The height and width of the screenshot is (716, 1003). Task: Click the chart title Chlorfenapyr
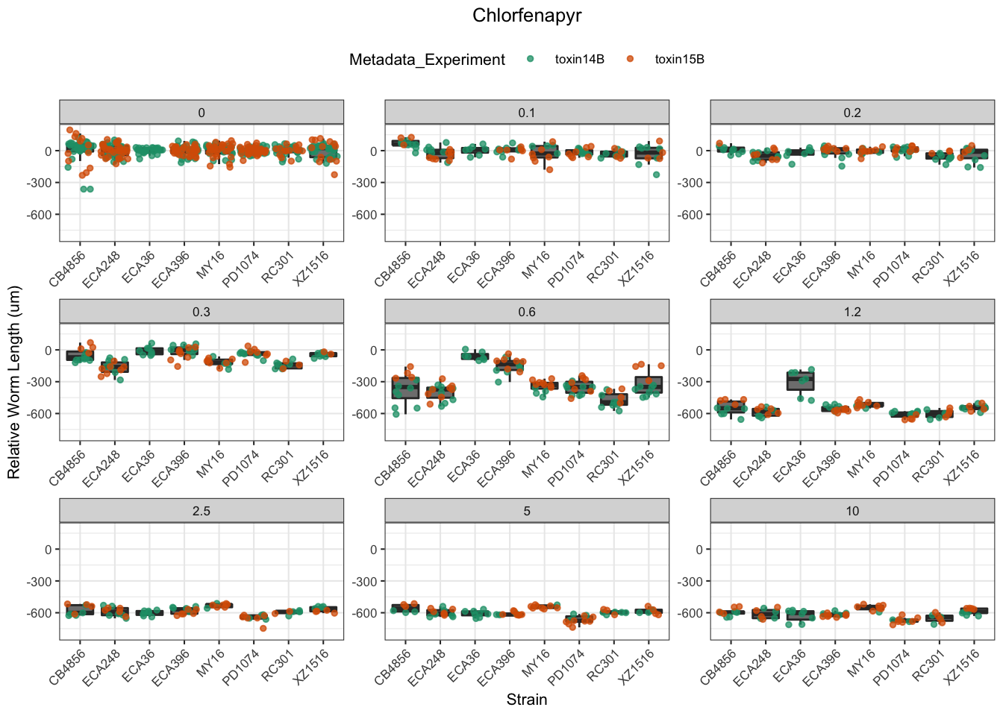pyautogui.click(x=527, y=16)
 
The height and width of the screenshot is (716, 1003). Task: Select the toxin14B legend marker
pyautogui.click(x=531, y=60)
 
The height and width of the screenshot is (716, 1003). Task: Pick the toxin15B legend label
pyautogui.click(x=679, y=60)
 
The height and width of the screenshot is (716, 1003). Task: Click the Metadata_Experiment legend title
pyautogui.click(x=427, y=60)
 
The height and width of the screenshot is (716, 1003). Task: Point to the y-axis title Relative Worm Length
pyautogui.click(x=14, y=383)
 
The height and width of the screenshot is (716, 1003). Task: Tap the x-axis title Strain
pyautogui.click(x=527, y=700)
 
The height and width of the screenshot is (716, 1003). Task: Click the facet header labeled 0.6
pyautogui.click(x=527, y=312)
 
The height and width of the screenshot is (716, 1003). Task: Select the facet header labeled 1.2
pyautogui.click(x=852, y=312)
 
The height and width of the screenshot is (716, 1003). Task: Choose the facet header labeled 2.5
pyautogui.click(x=201, y=511)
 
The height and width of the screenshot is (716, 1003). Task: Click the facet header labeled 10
pyautogui.click(x=852, y=511)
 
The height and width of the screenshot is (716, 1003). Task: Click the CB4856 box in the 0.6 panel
pyautogui.click(x=405, y=388)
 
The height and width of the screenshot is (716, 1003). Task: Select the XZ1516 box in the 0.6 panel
pyautogui.click(x=649, y=385)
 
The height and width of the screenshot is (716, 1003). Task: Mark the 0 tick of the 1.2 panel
pyautogui.click(x=699, y=351)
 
